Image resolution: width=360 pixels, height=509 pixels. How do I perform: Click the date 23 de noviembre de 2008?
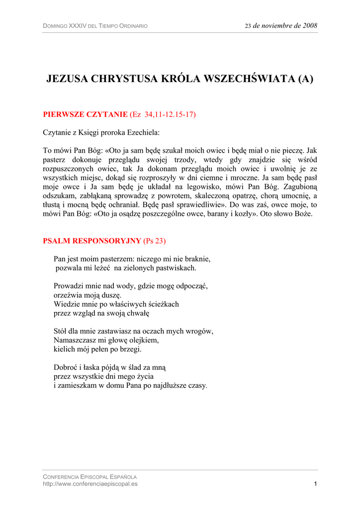[x=281, y=26]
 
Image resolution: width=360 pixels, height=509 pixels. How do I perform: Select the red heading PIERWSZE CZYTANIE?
[x=86, y=114]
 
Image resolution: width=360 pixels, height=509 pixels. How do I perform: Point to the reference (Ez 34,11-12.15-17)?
[x=163, y=114]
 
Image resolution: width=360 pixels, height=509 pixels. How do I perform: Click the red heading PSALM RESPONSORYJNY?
[x=92, y=241]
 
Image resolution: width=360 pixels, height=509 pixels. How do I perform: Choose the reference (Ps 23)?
[x=154, y=241]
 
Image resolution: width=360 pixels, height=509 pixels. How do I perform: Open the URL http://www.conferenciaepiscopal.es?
[x=90, y=484]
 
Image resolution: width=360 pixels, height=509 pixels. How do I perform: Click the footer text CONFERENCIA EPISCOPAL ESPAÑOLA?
[x=90, y=477]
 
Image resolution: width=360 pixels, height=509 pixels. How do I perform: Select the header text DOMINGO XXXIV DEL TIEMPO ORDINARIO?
[x=95, y=26]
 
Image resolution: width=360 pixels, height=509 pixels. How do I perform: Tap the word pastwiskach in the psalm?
[x=177, y=268]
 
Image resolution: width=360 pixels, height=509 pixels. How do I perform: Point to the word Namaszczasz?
[x=74, y=340]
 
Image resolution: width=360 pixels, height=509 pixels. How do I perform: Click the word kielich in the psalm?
[x=64, y=349]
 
